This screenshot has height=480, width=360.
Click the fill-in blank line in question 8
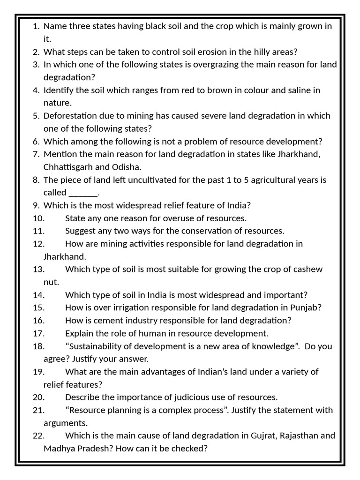(83, 193)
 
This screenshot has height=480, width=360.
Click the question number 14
(38, 295)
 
